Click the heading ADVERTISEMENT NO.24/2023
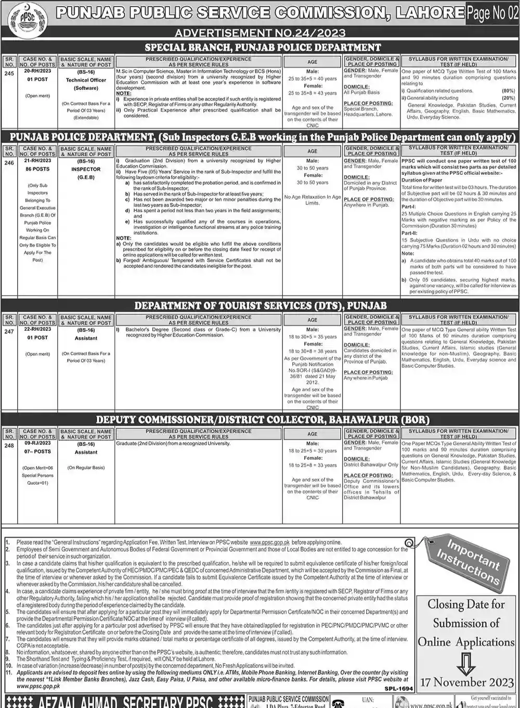[x=260, y=33]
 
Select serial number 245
[x=9, y=73]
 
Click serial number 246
[x=9, y=162]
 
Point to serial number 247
[x=9, y=331]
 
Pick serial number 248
[x=9, y=445]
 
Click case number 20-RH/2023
[x=38, y=71]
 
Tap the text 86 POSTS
[x=38, y=169]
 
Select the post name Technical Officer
[x=86, y=80]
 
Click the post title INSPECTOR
[x=86, y=169]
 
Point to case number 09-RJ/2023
[x=38, y=443]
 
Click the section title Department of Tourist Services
[x=260, y=305]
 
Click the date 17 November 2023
[x=466, y=681]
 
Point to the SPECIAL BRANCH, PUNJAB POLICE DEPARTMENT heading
[x=263, y=47]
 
